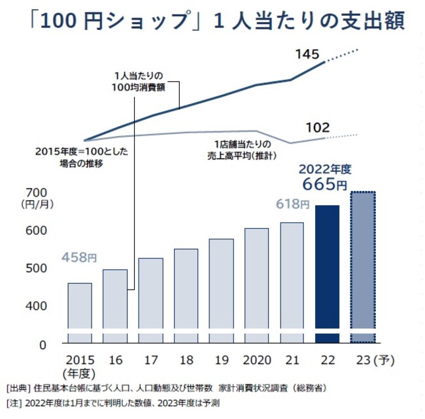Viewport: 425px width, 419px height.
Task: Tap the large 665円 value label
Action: [324, 184]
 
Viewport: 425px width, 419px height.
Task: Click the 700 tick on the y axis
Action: [34, 192]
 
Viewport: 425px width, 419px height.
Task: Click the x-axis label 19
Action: [221, 360]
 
